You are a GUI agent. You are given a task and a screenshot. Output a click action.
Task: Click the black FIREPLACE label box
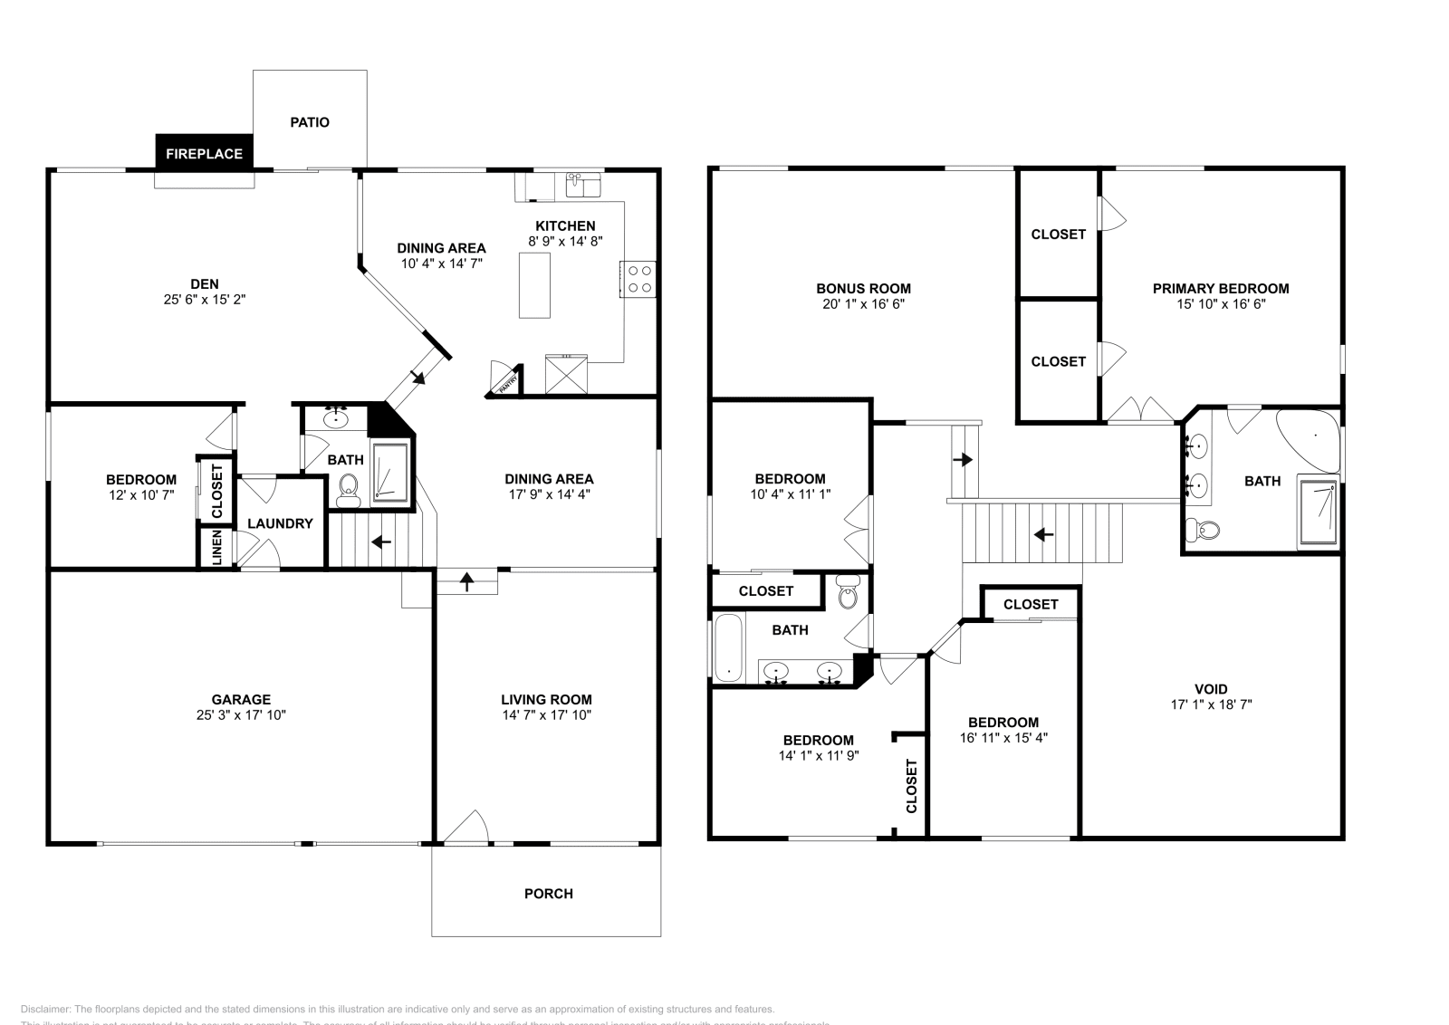coord(204,153)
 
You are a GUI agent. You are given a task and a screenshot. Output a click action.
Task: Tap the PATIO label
coord(310,122)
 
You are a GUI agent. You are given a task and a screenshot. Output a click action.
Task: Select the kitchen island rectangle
coord(534,285)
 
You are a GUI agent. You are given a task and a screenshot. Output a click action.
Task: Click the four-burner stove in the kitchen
coord(639,279)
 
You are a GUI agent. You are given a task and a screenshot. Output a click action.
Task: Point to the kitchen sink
coord(582,186)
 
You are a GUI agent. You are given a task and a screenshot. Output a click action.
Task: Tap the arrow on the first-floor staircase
coord(381,542)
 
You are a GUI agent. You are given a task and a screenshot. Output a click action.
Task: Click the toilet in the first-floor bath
coord(348,492)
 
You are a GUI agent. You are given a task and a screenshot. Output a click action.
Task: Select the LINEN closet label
coord(217,548)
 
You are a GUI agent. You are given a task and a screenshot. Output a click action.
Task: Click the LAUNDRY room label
coord(280,523)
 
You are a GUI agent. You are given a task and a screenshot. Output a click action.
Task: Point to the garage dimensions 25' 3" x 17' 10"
coord(241,714)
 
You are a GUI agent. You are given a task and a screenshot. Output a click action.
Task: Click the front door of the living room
coord(465,829)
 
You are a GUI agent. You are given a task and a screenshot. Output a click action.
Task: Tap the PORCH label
coord(548,894)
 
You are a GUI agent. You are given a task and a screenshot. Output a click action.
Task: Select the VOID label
coord(1211,688)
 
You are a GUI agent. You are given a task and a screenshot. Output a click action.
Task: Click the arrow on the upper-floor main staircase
coord(1043,534)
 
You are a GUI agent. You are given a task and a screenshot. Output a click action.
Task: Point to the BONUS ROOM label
coord(863,289)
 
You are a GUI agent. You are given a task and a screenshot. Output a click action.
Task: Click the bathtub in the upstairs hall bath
coord(728,647)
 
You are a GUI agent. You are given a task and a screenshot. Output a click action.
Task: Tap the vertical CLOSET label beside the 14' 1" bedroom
coord(912,785)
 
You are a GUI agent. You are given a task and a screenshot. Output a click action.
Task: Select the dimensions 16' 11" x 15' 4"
coord(1003,737)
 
